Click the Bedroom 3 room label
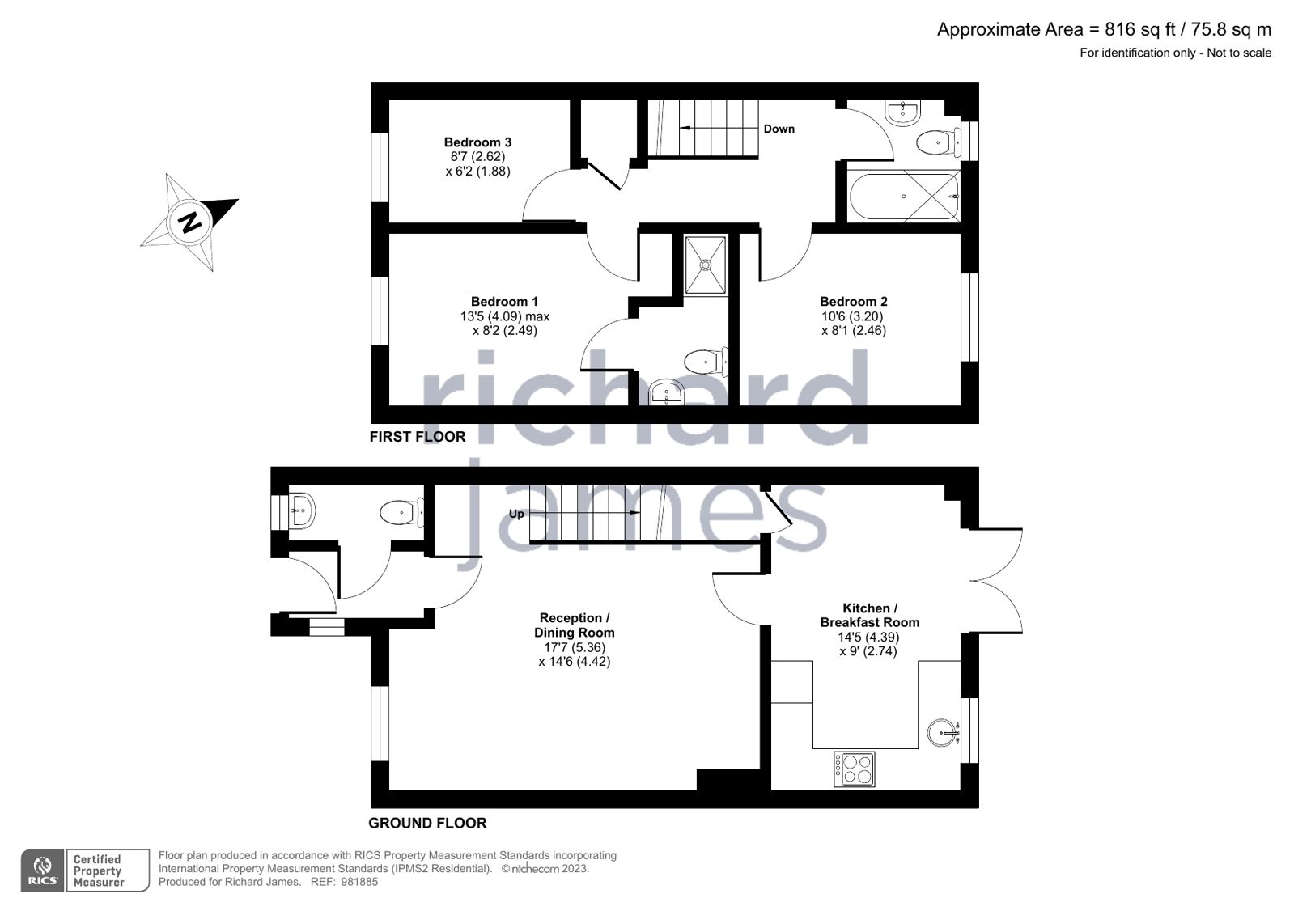tap(477, 142)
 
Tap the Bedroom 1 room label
tap(504, 302)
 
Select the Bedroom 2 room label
tap(853, 302)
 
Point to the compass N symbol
tap(190, 221)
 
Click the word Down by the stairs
tap(779, 129)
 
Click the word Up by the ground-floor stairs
tap(516, 514)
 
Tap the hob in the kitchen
tap(854, 769)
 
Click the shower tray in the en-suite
tap(705, 265)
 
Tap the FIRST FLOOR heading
tap(417, 437)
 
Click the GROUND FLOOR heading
tap(427, 824)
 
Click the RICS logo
tap(42, 871)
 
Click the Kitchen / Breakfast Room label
tap(869, 615)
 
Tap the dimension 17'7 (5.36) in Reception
tap(574, 647)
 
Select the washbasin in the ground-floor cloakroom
tap(301, 510)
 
